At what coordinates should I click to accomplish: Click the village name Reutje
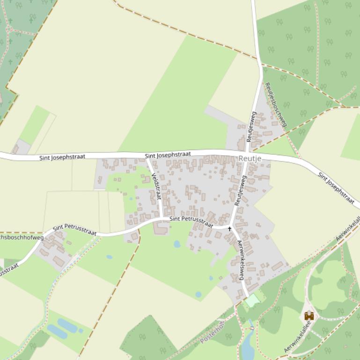250,158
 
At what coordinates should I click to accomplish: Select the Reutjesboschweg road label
275,104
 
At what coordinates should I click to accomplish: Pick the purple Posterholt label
213,332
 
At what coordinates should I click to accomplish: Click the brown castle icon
309,316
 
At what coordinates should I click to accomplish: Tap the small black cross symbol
229,229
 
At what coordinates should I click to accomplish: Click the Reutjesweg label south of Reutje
240,190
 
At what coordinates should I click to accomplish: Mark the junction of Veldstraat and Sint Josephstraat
147,158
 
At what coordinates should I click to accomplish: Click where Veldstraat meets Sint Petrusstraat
162,219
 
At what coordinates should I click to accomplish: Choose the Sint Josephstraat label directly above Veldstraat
168,155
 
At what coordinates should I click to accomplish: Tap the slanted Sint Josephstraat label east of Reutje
336,188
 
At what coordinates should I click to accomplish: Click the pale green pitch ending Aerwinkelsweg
252,300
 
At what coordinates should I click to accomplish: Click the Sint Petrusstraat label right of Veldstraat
188,219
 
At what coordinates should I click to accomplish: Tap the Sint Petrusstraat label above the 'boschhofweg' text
74,230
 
